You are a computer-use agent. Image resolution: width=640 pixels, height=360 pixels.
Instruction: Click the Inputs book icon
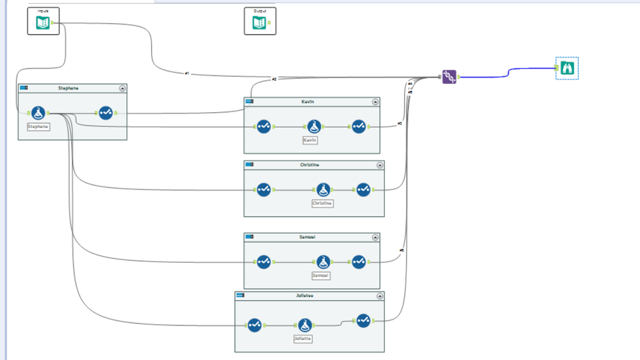tap(43, 24)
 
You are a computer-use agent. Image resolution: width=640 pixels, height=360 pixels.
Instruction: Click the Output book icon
tap(259, 24)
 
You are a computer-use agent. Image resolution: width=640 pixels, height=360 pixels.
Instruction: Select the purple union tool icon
tap(450, 78)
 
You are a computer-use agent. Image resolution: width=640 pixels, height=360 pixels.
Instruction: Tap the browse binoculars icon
tap(567, 68)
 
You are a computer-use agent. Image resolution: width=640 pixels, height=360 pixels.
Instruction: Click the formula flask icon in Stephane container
tap(38, 113)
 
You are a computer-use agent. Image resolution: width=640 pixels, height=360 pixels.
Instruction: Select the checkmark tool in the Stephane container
tap(106, 113)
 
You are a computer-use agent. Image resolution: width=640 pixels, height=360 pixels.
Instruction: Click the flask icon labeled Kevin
tap(313, 127)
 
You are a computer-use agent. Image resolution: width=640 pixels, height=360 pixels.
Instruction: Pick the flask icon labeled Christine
tap(324, 190)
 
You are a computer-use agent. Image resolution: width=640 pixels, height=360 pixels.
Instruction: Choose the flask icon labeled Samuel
tap(324, 261)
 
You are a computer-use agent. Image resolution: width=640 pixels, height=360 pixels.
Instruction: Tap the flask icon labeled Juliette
tap(305, 325)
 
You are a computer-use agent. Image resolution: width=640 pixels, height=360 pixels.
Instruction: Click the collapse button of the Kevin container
tap(375, 102)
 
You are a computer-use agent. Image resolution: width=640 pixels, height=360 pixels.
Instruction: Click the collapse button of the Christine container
tap(380, 165)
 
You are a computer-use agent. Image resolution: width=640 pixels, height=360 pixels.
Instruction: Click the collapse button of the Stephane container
tap(122, 88)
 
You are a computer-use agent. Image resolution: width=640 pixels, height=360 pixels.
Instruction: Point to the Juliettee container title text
tap(304, 296)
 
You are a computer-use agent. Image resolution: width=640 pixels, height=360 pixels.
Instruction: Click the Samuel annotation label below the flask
tap(321, 275)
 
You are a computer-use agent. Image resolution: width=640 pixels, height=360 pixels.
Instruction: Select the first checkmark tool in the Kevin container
tap(264, 127)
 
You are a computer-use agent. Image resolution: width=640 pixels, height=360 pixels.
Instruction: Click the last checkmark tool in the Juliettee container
tap(363, 320)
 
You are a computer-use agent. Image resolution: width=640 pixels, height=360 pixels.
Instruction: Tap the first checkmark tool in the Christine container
tap(264, 190)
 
